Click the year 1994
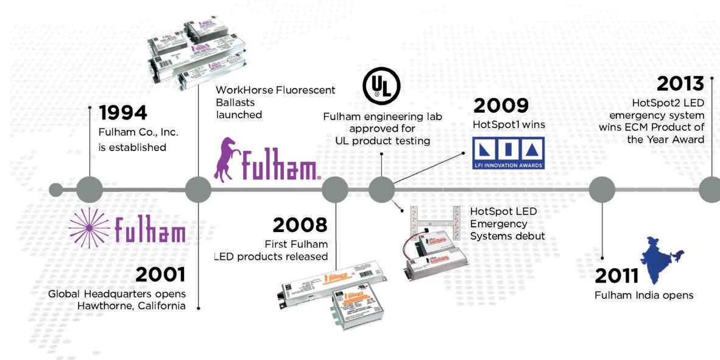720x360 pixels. (122, 113)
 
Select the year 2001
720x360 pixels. (160, 275)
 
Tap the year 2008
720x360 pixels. (300, 225)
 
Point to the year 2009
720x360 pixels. (501, 105)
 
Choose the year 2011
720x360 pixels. (616, 276)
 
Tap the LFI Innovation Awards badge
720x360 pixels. (509, 152)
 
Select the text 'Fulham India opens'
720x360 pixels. (644, 295)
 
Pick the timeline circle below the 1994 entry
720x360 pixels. (90, 189)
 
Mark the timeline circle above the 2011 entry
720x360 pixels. (602, 189)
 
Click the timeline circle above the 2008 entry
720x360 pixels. (334, 189)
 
